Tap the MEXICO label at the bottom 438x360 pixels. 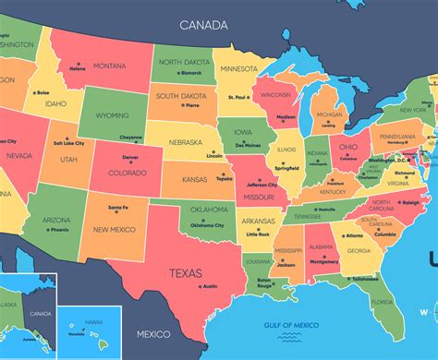(x=155, y=333)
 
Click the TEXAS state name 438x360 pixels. (x=187, y=272)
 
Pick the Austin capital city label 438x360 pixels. (x=210, y=286)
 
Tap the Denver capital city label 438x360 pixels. (x=130, y=158)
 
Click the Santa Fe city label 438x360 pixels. (x=118, y=209)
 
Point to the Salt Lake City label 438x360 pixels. (x=69, y=144)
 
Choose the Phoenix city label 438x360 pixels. (x=62, y=230)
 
